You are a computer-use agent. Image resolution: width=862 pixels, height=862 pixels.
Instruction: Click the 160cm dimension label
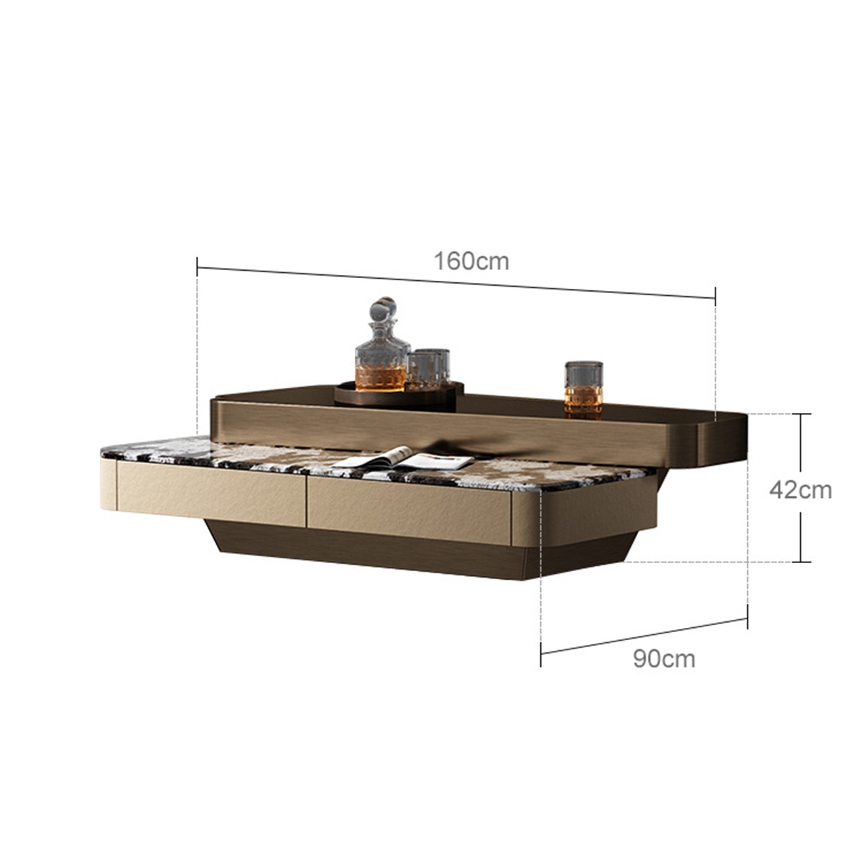point(471,261)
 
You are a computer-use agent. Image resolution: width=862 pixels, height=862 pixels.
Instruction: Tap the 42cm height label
point(800,491)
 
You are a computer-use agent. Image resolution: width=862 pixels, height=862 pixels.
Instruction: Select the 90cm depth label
point(664,659)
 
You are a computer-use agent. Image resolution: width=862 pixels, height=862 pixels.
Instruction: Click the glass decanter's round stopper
point(383,309)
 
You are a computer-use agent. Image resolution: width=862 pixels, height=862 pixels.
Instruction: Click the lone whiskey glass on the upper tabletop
point(583,390)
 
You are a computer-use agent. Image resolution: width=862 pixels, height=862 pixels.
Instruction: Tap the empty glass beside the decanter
point(428,369)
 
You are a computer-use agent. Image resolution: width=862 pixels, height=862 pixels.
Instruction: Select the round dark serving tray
point(399,394)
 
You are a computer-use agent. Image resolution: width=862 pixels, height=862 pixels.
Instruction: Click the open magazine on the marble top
point(402,458)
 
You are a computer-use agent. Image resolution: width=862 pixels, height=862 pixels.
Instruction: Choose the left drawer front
point(211,493)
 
